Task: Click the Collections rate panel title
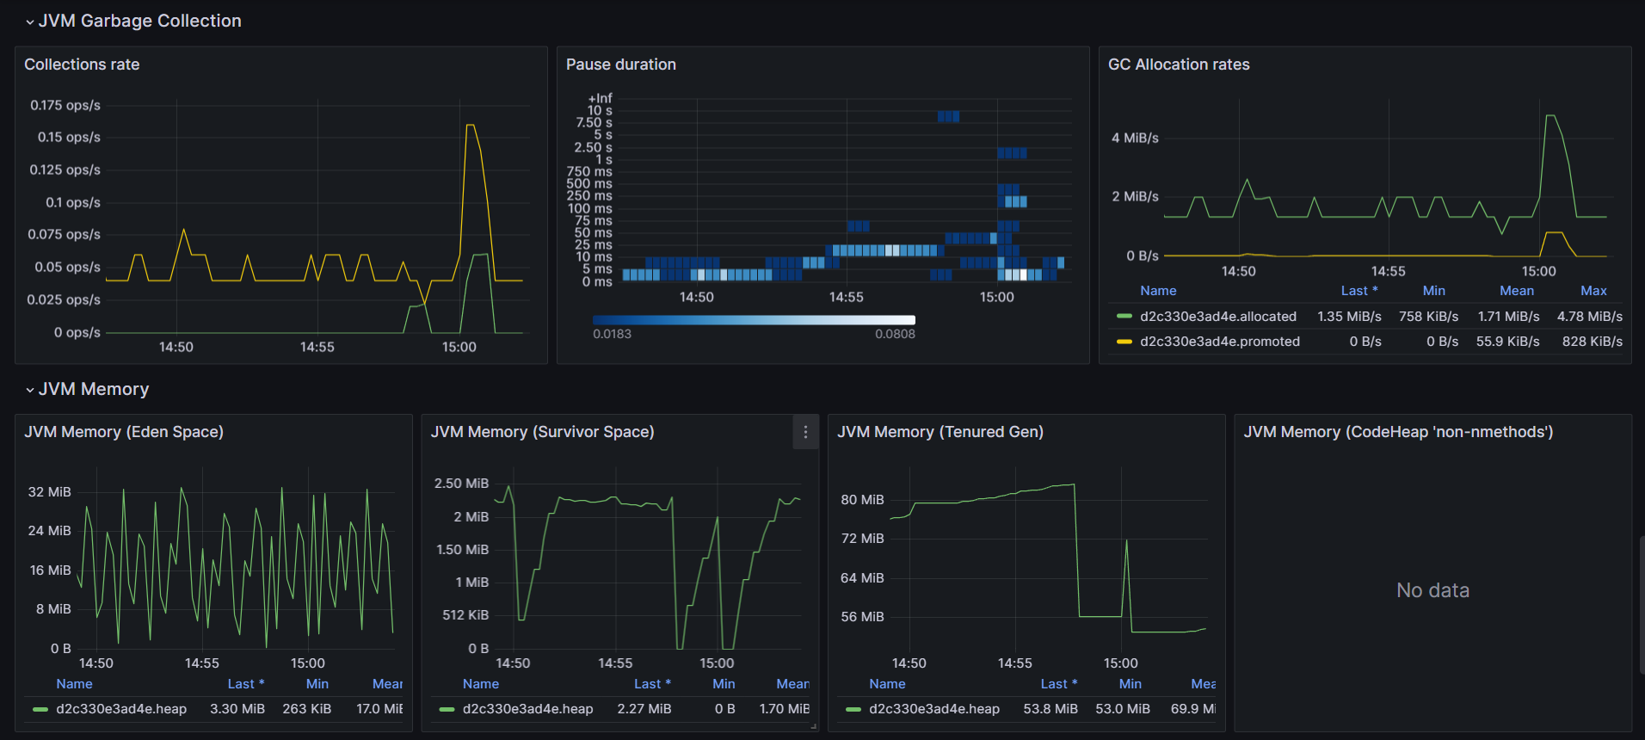click(82, 65)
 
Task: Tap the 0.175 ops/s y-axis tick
click(65, 105)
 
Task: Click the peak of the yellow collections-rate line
click(470, 126)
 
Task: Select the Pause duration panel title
click(620, 65)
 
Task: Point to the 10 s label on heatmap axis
click(600, 111)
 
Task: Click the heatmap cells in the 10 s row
click(948, 116)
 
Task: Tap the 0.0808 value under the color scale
click(895, 334)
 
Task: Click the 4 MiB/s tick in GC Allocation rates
click(1135, 138)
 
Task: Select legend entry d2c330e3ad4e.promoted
click(1219, 342)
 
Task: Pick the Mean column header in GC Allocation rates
click(1516, 291)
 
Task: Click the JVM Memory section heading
click(94, 389)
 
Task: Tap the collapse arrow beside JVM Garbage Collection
click(30, 22)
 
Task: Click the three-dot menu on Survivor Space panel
click(805, 432)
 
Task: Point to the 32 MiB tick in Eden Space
click(50, 492)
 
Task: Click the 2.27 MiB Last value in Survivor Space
click(644, 709)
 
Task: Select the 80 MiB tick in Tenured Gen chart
click(862, 500)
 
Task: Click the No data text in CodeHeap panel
click(1432, 590)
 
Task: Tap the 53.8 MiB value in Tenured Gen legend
click(1050, 709)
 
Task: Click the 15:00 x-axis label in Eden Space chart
click(307, 663)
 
